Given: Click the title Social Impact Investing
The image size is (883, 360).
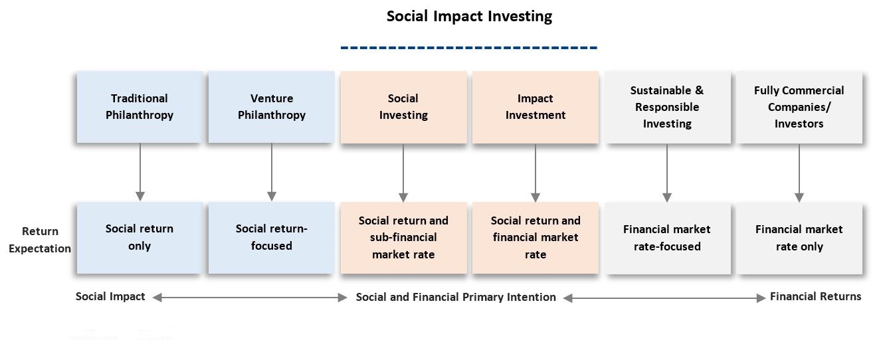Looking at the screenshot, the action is pos(469,17).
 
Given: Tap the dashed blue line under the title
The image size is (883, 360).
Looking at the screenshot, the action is pos(469,48).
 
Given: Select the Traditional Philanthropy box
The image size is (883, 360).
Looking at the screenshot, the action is pos(140,107).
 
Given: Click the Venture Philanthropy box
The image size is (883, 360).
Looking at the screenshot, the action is pos(272,107).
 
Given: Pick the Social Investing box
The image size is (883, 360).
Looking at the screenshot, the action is pos(404,107).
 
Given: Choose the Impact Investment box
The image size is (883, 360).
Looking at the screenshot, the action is pos(536,107).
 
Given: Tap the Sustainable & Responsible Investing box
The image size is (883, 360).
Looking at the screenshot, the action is pos(668,107).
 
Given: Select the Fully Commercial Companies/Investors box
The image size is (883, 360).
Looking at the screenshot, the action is pos(799,107).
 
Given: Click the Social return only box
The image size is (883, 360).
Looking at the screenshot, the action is pos(140,238).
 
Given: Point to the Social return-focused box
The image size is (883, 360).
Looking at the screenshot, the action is pos(272,238).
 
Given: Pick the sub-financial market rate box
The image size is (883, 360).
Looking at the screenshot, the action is pos(404,238).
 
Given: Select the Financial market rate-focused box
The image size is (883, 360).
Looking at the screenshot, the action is pos(668,238).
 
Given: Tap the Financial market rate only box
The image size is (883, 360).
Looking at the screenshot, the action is pos(799,238).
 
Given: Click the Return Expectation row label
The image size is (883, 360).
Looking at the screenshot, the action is pos(40,240).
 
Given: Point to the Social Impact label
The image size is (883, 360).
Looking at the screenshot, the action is pos(110,296).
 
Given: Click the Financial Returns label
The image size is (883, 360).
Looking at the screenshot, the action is pos(816,296).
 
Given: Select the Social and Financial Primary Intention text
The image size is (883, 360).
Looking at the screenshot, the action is pos(456,297).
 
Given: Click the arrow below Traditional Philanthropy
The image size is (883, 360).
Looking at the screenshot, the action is pos(140,172).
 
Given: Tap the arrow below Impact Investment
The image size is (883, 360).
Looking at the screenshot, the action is pos(536,173).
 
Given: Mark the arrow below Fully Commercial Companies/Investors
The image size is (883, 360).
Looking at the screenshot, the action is pos(799,173).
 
